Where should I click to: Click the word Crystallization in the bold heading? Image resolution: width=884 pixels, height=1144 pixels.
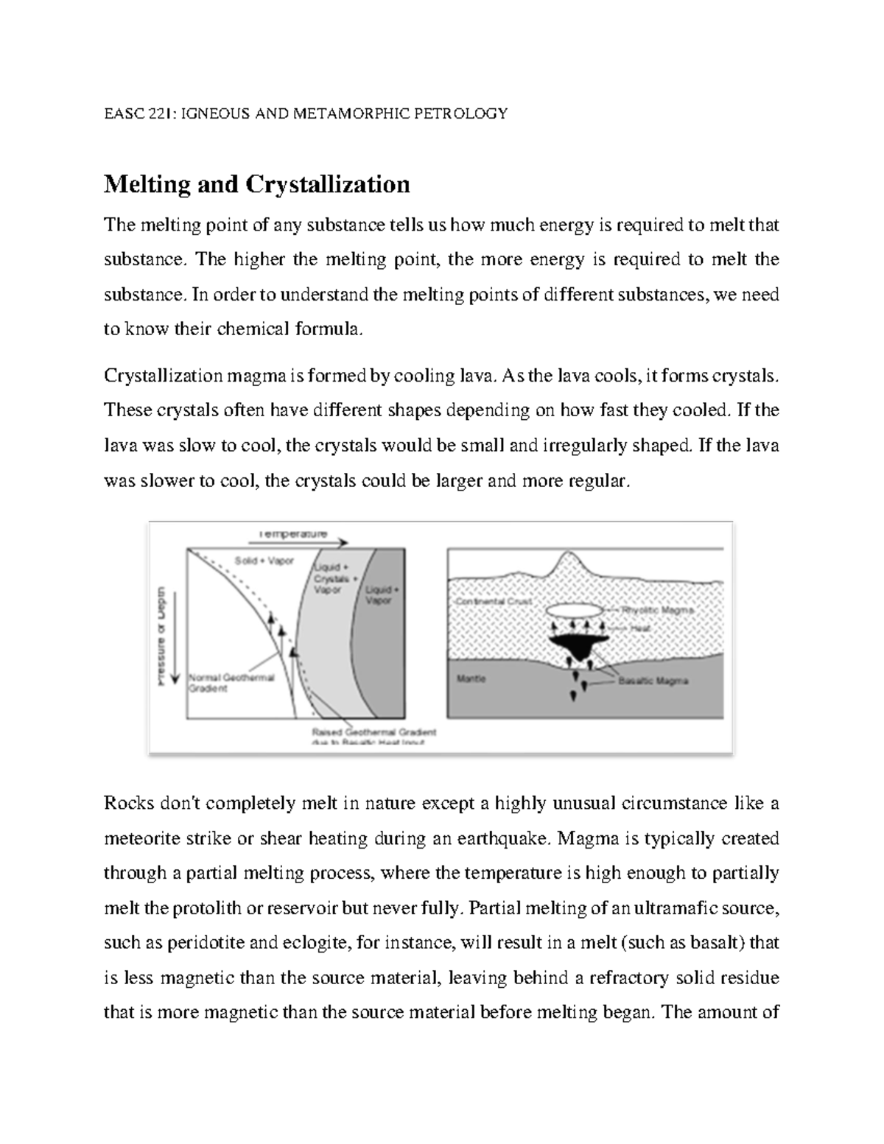pyautogui.click(x=327, y=183)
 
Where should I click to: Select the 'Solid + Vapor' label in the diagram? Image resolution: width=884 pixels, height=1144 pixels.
pyautogui.click(x=264, y=561)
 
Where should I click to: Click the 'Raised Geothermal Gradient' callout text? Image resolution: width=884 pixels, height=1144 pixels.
pyautogui.click(x=374, y=733)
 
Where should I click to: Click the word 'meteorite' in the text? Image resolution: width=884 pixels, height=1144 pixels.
pyautogui.click(x=140, y=838)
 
